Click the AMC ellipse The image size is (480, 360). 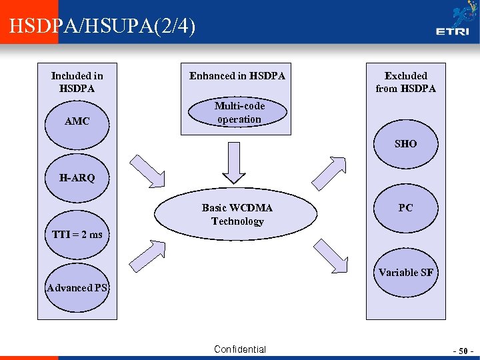(77, 122)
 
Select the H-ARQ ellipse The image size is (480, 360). (77, 178)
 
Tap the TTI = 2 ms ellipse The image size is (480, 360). (77, 234)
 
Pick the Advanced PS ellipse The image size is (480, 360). (77, 288)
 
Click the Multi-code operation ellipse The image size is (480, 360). (239, 113)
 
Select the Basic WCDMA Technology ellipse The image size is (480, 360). (237, 215)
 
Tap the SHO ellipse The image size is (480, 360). (405, 143)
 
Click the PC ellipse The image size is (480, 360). (405, 207)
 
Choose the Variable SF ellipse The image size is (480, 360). (405, 272)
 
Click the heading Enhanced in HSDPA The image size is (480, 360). (237, 76)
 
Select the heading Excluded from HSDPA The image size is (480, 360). (405, 82)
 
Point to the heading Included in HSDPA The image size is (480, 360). (77, 82)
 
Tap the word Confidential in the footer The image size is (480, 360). (239, 349)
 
